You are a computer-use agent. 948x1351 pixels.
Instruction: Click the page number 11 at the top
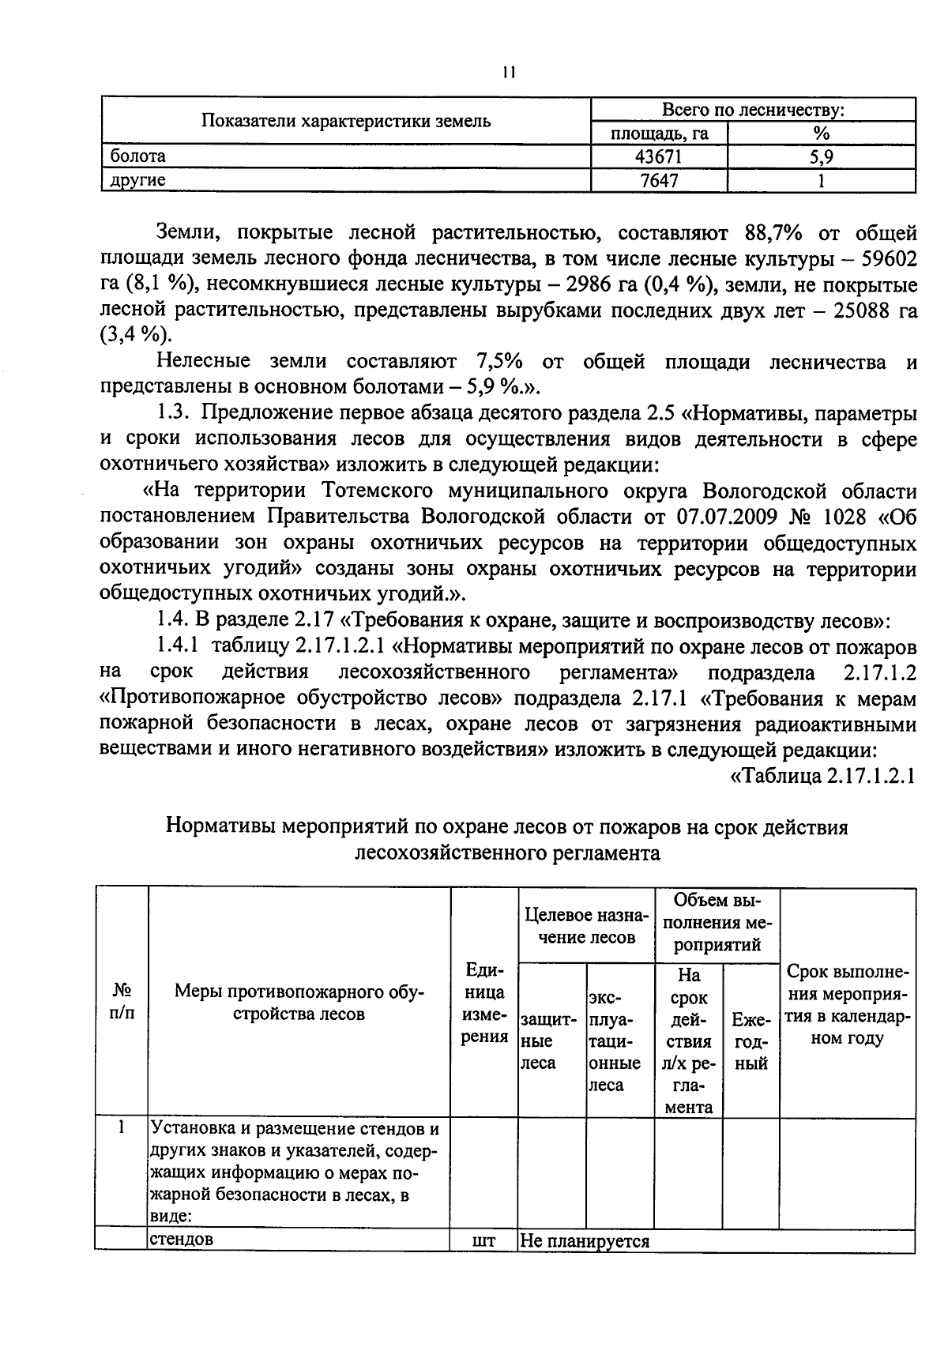[508, 73]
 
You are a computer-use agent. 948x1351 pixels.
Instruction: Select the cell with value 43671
[659, 157]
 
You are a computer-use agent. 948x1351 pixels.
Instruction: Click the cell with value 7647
[659, 181]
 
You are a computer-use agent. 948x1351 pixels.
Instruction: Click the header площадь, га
[660, 134]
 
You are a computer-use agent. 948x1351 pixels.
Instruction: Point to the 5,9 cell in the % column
[821, 157]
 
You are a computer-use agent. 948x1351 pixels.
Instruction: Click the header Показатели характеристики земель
[346, 121]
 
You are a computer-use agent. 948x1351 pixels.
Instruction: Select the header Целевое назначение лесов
[586, 926]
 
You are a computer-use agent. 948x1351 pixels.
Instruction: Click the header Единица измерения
[483, 1003]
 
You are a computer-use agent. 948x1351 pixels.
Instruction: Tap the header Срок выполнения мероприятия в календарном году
[847, 1005]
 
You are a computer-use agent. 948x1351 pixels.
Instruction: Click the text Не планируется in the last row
[585, 1241]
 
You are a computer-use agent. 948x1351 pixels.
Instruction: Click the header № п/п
[122, 1002]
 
